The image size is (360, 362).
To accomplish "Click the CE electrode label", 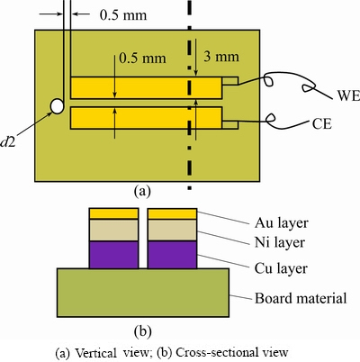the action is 322,123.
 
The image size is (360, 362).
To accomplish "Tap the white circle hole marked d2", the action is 57,106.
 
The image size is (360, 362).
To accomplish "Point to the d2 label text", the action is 8,142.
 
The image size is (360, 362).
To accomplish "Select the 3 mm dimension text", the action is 221,57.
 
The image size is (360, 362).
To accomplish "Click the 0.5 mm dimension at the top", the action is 123,15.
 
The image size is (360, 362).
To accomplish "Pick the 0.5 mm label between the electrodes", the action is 142,58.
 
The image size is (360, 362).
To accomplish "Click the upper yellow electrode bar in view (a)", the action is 147,87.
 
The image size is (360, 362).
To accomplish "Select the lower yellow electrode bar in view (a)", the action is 147,118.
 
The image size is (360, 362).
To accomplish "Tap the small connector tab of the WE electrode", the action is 230,81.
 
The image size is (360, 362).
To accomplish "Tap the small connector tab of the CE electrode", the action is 230,125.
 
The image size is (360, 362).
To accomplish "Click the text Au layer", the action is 282,223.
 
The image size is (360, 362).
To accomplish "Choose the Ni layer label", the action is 280,242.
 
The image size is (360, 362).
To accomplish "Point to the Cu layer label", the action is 281,268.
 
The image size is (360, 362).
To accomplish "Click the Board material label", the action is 301,298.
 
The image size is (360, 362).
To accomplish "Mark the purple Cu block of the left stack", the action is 114,255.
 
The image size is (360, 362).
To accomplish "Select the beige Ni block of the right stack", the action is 172,231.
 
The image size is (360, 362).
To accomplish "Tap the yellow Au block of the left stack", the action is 114,213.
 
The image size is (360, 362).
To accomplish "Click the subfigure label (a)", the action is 142,191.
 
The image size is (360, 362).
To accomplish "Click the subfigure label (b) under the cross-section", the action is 142,330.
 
